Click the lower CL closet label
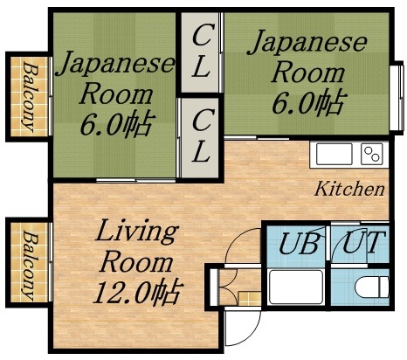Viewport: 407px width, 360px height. tap(202, 133)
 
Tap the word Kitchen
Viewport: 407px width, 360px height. tap(350, 188)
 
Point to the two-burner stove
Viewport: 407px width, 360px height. tap(372, 155)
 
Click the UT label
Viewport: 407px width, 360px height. tap(361, 242)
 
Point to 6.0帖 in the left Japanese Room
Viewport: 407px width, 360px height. tap(116, 121)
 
